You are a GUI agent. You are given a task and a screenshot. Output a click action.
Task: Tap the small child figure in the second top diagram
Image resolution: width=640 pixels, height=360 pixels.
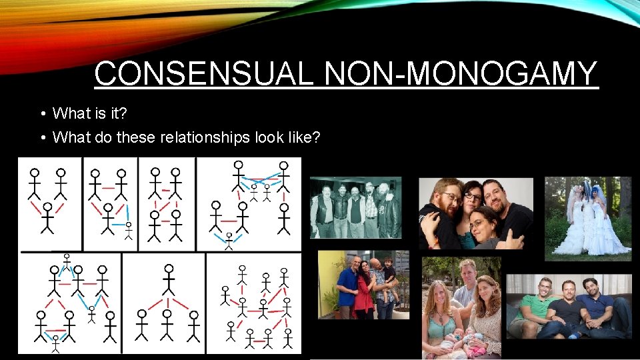click(x=128, y=231)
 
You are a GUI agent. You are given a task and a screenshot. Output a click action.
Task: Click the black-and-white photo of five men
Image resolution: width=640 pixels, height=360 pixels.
click(x=356, y=207)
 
